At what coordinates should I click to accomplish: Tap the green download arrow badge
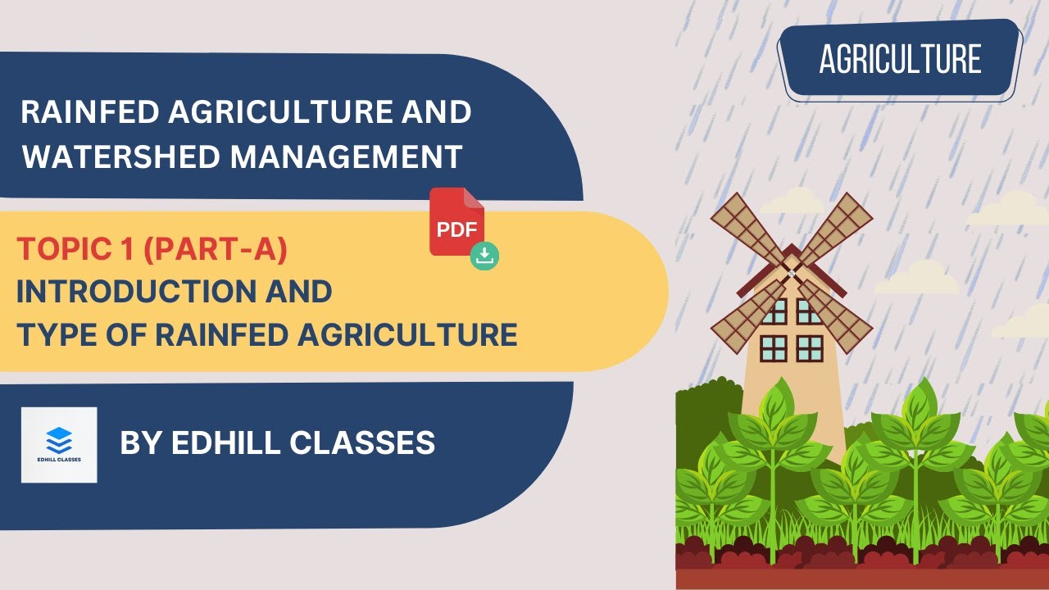coord(484,256)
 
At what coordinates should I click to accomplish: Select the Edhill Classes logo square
coord(59,445)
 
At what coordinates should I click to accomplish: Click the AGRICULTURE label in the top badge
coord(900,59)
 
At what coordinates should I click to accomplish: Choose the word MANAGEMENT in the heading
coord(346,156)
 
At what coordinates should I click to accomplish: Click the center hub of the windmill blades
coord(791,271)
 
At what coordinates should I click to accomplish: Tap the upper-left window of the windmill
coord(773,311)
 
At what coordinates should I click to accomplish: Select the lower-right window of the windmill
coord(810,348)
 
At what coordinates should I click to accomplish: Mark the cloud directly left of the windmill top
coord(791,201)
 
